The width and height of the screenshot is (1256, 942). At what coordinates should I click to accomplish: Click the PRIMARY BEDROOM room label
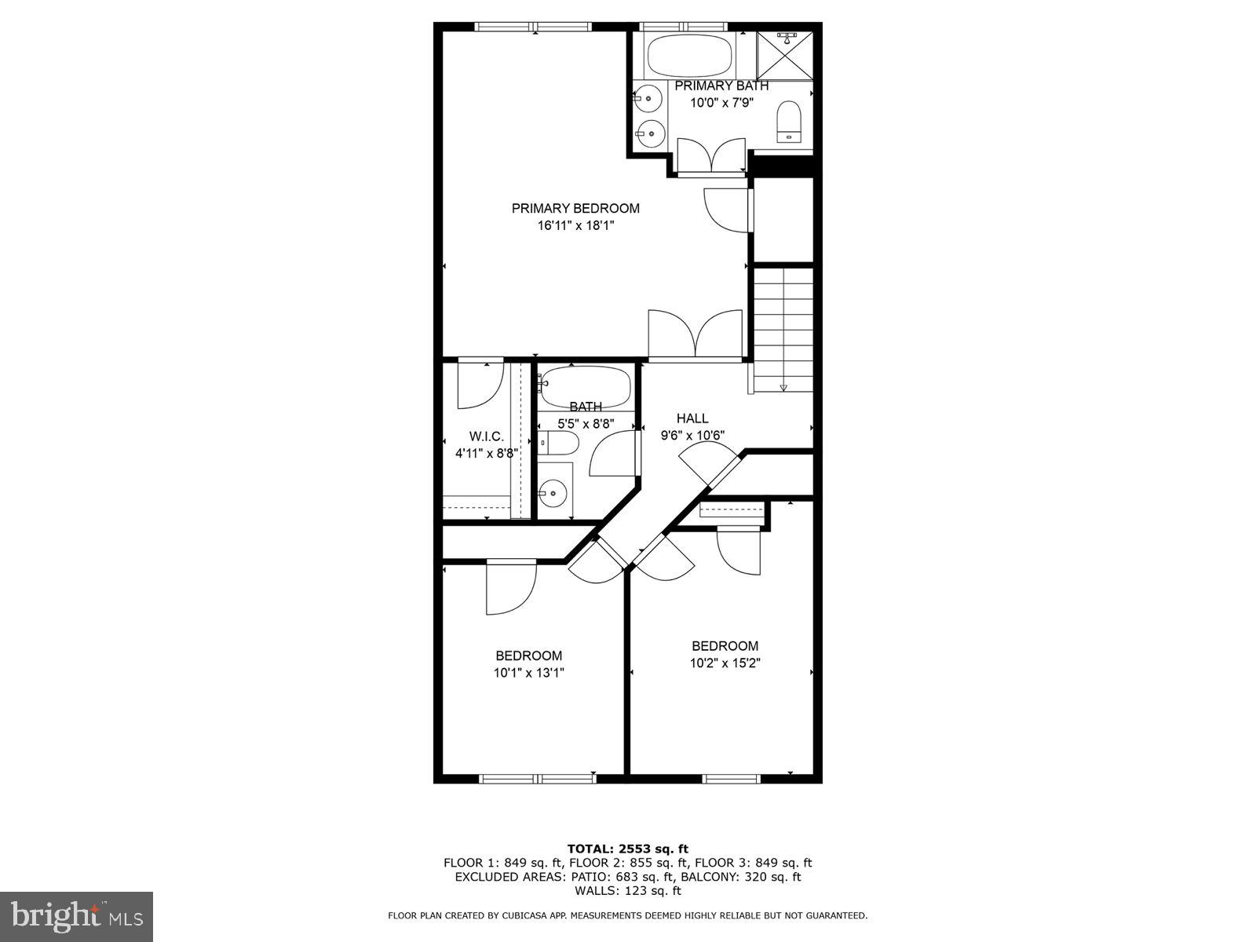pyautogui.click(x=575, y=208)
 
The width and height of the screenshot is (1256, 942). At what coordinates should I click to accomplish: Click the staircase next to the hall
pyautogui.click(x=783, y=330)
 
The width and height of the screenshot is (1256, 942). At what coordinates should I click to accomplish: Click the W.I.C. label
pyautogui.click(x=487, y=436)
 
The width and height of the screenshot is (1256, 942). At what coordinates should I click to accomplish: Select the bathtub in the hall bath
pyautogui.click(x=586, y=386)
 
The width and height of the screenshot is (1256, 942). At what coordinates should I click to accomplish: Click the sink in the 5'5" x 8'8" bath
pyautogui.click(x=554, y=493)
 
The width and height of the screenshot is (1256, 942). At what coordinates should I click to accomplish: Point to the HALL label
pyautogui.click(x=692, y=418)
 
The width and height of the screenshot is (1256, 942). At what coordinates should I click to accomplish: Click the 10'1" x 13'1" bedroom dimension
pyautogui.click(x=528, y=673)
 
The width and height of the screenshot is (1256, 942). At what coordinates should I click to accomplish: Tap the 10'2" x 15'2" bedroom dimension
pyautogui.click(x=725, y=663)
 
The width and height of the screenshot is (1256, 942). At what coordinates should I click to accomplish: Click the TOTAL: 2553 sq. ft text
pyautogui.click(x=627, y=849)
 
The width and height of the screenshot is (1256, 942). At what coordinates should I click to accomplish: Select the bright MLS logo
pyautogui.click(x=77, y=916)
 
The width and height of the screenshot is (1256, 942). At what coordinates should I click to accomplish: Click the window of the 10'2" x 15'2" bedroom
pyautogui.click(x=732, y=779)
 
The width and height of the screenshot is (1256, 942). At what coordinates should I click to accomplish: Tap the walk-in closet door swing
pyautogui.click(x=479, y=385)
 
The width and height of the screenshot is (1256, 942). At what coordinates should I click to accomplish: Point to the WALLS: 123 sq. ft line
pyautogui.click(x=627, y=891)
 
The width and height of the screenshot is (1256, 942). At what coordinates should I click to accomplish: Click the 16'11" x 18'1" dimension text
pyautogui.click(x=575, y=225)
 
